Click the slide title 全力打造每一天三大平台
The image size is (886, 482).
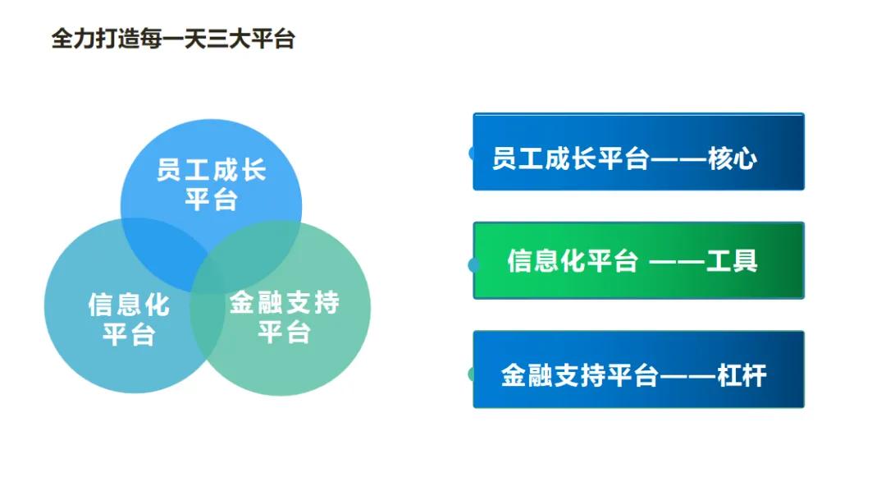pos(173,39)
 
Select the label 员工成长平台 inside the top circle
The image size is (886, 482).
pos(211,186)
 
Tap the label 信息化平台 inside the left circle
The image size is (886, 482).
pos(128,319)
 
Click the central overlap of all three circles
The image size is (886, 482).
pos(206,268)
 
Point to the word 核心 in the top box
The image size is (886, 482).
pos(732,158)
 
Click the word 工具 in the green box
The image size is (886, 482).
pos(732,261)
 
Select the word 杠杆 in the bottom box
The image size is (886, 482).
pos(741,376)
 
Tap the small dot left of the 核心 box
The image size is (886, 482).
pos(472,154)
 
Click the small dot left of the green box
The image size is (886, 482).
pos(472,264)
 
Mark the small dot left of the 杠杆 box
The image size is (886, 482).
pos(472,374)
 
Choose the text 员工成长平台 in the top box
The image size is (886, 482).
pos(570,158)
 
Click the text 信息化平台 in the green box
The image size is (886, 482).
pos(572,261)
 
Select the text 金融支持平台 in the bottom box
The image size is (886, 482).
pos(579,376)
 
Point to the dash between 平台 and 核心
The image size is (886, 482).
pos(678,158)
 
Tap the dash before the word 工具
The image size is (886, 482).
pos(677,261)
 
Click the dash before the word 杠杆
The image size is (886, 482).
pos(687,376)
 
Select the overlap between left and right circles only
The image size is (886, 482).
pos(207,328)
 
